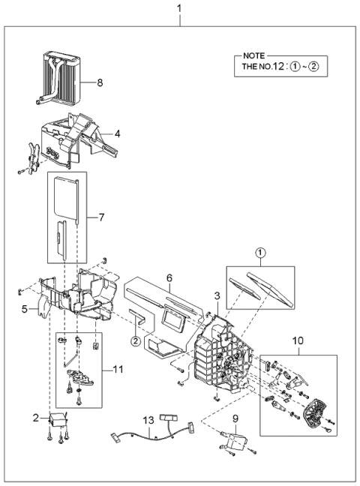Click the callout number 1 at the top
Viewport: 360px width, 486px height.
178,8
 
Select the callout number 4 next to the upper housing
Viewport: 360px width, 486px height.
117,135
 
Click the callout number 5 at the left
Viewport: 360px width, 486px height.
24,308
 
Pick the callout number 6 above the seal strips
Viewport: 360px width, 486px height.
171,276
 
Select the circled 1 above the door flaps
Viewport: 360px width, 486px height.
259,253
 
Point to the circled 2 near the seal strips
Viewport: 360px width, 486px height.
134,342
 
